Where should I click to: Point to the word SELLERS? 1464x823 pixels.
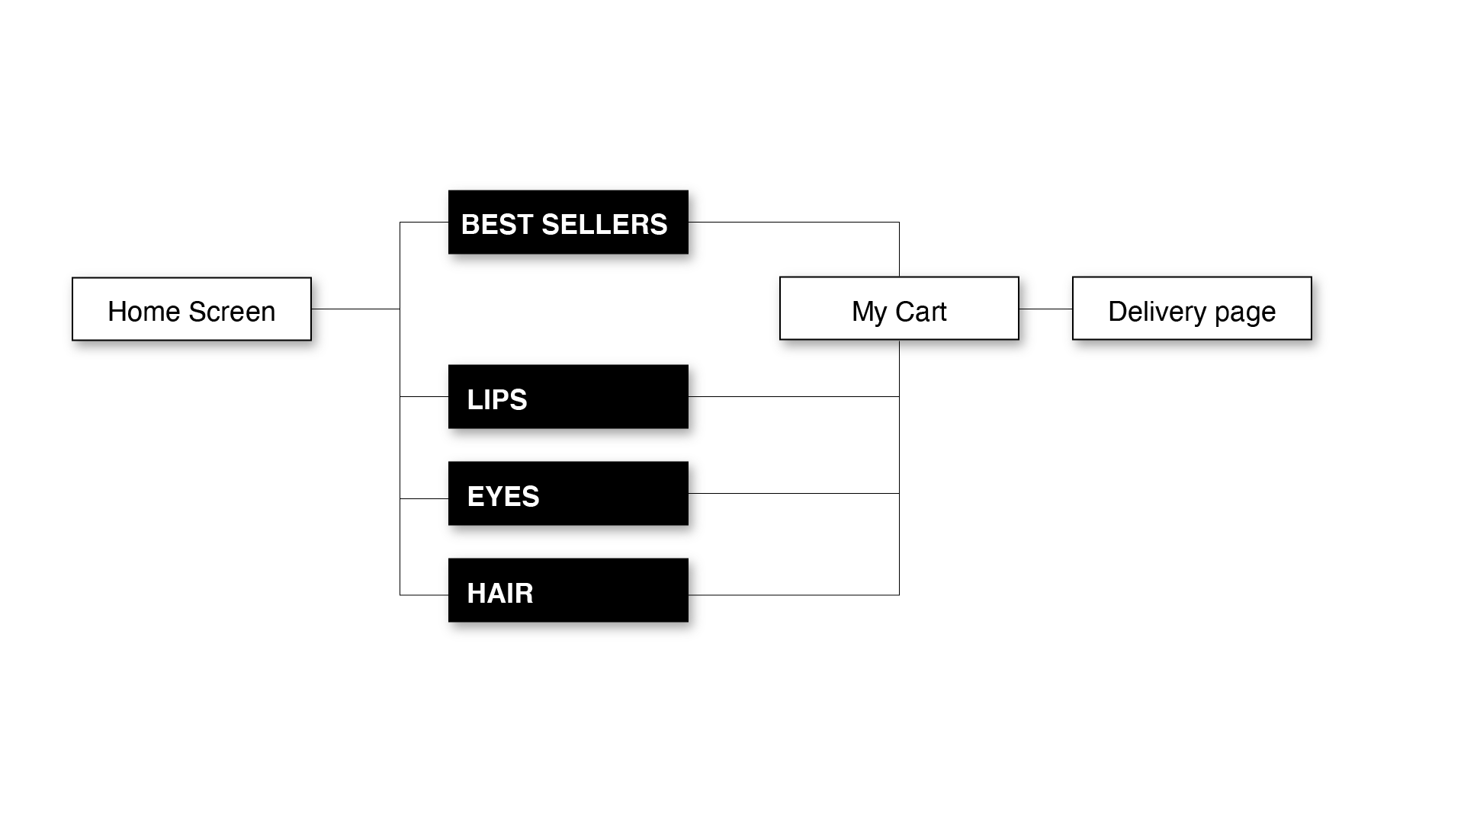click(x=604, y=225)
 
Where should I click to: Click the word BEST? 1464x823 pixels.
click(x=496, y=225)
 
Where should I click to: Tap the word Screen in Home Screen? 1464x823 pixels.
click(x=232, y=312)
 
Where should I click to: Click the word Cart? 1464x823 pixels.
click(x=920, y=312)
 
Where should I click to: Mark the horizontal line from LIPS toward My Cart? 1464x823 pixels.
click(x=801, y=396)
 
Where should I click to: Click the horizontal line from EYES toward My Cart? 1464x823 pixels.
click(x=801, y=493)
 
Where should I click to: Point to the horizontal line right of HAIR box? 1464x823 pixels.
click(x=801, y=594)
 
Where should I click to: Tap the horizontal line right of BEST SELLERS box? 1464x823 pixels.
click(x=801, y=222)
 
